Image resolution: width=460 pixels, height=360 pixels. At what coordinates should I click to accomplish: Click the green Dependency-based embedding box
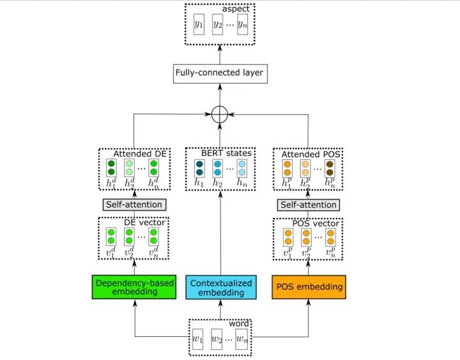[x=135, y=287]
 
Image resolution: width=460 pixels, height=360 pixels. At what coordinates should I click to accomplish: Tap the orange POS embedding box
[x=309, y=287]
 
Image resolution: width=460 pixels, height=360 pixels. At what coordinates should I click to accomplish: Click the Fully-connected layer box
[x=220, y=73]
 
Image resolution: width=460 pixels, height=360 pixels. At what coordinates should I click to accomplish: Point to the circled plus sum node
[x=220, y=115]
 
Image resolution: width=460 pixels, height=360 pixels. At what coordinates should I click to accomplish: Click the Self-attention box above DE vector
[x=134, y=205]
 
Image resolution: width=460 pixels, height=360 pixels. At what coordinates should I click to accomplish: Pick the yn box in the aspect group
[x=241, y=24]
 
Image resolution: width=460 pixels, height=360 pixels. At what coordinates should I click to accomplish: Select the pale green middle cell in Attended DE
[x=129, y=168]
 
